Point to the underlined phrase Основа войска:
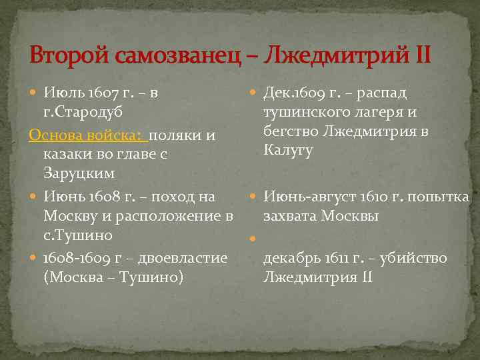87,135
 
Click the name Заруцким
79,173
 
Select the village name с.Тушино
77,235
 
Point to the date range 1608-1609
74,257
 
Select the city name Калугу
288,149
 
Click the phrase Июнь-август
305,197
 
